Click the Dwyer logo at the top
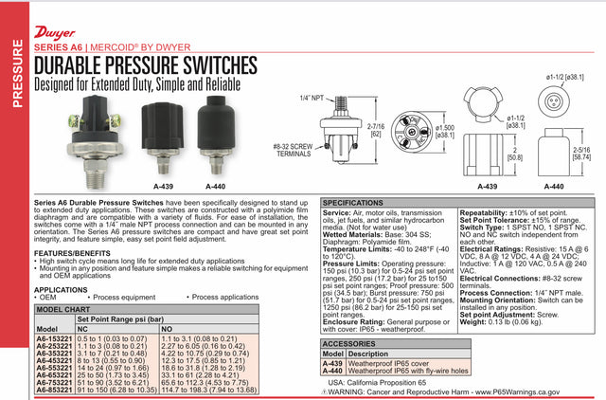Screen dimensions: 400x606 [57, 18]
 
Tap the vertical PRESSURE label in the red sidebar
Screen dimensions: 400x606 [14, 77]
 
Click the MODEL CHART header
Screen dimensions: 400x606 [65, 309]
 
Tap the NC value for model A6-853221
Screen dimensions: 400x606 [117, 389]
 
